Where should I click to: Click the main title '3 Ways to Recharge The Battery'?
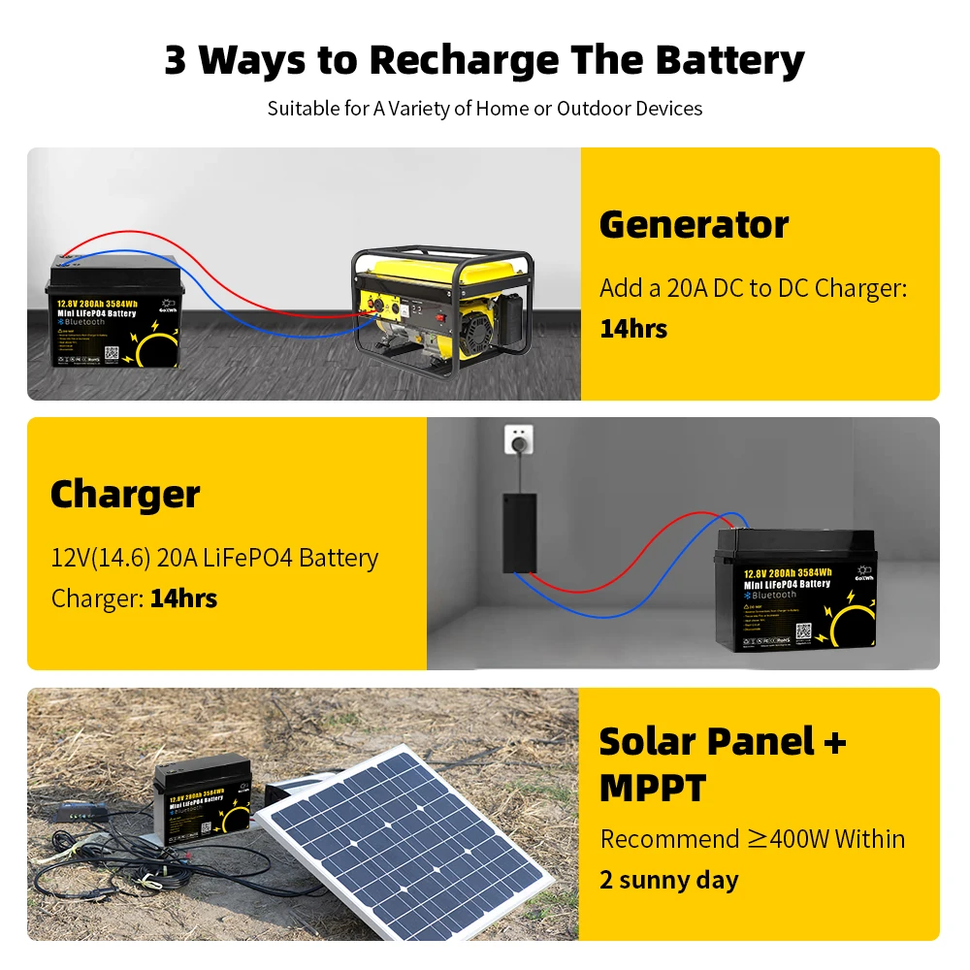click(x=484, y=60)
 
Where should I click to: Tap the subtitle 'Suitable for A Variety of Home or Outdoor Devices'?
click(x=484, y=108)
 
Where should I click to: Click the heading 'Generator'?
click(x=694, y=225)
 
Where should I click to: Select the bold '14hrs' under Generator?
click(x=633, y=329)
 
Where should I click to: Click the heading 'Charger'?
click(x=125, y=495)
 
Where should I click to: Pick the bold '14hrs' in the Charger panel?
click(x=183, y=598)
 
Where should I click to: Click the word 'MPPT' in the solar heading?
click(x=651, y=788)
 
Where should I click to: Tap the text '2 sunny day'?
click(x=669, y=881)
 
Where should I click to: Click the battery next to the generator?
click(x=114, y=313)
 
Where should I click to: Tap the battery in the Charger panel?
click(x=795, y=591)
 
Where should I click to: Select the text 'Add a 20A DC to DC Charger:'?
click(x=753, y=288)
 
